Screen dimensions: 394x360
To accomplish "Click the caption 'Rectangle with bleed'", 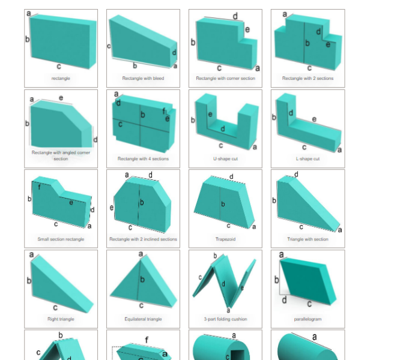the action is tap(143, 79).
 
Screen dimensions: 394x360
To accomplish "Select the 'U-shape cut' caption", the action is tap(225, 158).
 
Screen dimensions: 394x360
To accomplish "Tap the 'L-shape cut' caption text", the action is tap(308, 158).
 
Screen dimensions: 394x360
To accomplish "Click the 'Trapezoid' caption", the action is tap(225, 239).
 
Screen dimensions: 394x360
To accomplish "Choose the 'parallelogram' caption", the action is tap(308, 319).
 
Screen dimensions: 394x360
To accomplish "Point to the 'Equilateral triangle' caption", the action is tap(143, 319).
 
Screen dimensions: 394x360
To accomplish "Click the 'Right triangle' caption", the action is tap(61, 319).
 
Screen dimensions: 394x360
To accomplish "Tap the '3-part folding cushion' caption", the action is tap(225, 319).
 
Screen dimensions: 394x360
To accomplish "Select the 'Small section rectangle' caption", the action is tap(61, 239).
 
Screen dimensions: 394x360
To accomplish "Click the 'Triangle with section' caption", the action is tap(308, 239).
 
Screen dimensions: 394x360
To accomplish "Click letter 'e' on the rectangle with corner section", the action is tap(247, 29).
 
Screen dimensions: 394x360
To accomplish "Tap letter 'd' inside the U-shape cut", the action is tap(223, 129).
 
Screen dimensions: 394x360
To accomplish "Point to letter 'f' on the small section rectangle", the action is tap(39, 187).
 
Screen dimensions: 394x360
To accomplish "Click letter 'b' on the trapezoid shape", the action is tap(223, 204).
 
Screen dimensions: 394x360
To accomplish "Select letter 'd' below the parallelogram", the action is tap(284, 299).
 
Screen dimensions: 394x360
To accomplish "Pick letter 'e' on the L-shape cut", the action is tap(314, 119).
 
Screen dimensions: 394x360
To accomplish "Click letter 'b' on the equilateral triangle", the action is tap(142, 279).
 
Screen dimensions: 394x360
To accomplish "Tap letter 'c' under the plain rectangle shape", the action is tap(59, 66).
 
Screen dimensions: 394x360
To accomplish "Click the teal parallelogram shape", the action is tap(308, 281).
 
